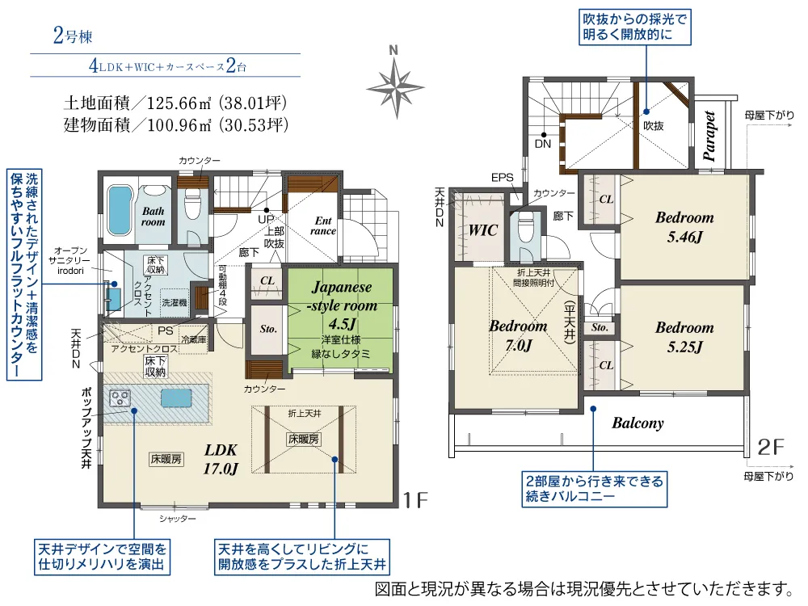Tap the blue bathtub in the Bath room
click(x=119, y=211)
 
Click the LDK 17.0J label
click(x=221, y=459)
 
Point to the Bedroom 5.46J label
click(x=684, y=227)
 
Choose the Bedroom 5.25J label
click(x=684, y=337)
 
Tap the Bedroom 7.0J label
click(x=518, y=335)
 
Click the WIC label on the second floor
click(x=483, y=230)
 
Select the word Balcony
click(x=638, y=423)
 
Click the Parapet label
click(x=709, y=136)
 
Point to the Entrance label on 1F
click(x=323, y=226)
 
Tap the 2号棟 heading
click(x=73, y=36)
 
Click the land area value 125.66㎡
click(x=179, y=103)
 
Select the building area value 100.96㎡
click(x=179, y=125)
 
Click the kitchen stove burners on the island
click(x=120, y=398)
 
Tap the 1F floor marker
click(x=415, y=500)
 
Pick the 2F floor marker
click(x=770, y=447)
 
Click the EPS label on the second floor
click(x=502, y=178)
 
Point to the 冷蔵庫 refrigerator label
click(x=194, y=339)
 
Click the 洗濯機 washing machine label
click(x=175, y=302)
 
